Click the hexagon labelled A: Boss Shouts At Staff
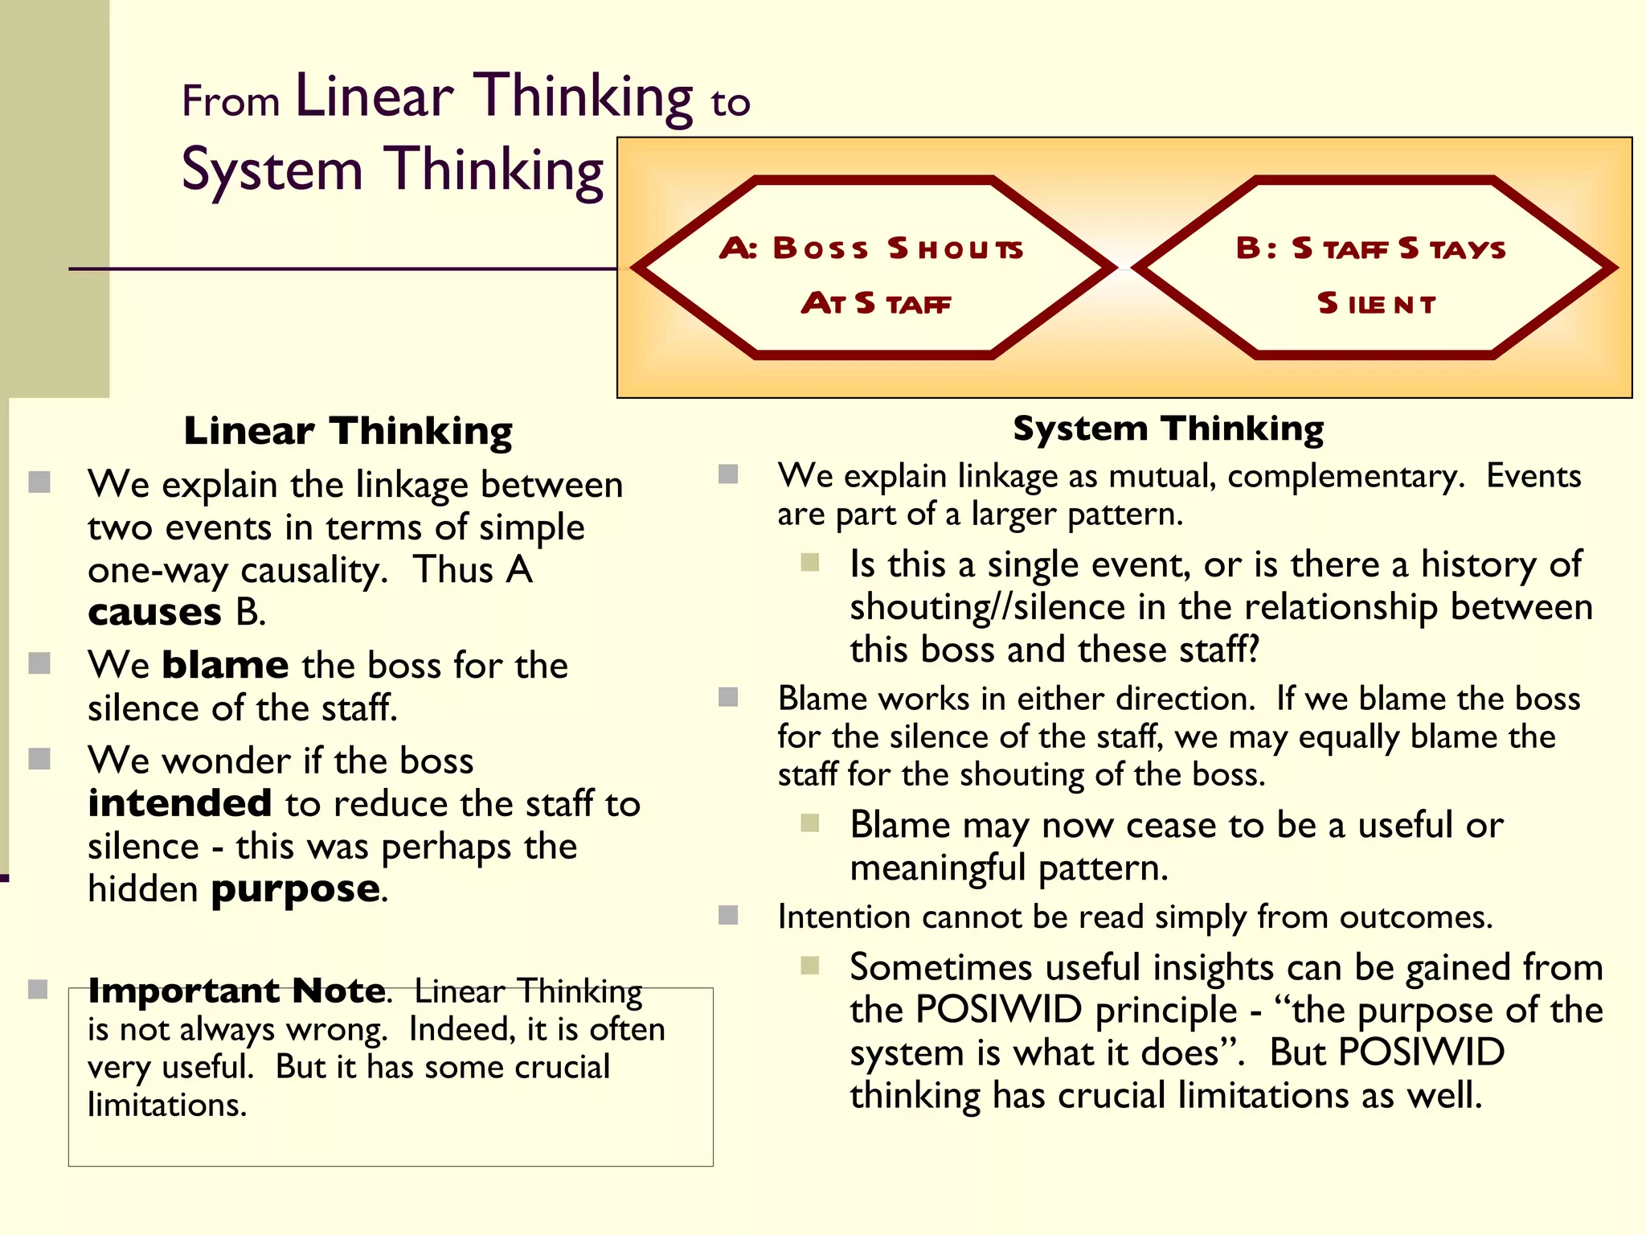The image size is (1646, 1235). click(x=874, y=267)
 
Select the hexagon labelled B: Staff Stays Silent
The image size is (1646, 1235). click(x=1374, y=267)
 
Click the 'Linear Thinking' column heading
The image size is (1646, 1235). click(x=348, y=431)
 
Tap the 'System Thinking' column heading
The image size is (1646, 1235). click(x=1168, y=429)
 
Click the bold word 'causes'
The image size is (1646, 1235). click(x=154, y=613)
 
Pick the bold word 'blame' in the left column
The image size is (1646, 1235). click(x=225, y=666)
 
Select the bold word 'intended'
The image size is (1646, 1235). click(x=180, y=803)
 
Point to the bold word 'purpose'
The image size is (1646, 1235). click(x=296, y=890)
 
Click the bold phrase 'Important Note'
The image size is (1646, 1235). click(x=237, y=991)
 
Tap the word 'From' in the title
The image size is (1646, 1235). click(x=231, y=102)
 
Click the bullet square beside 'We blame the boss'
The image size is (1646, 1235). click(x=39, y=663)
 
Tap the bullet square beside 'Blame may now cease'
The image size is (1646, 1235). click(x=810, y=823)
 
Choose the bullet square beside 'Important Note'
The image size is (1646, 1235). click(x=39, y=989)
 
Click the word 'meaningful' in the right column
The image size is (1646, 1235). click(x=938, y=868)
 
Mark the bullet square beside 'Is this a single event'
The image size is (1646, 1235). click(x=810, y=562)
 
